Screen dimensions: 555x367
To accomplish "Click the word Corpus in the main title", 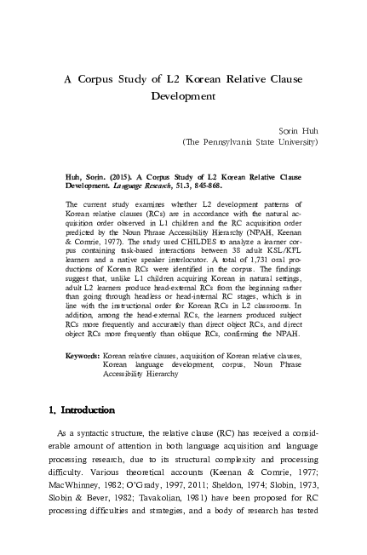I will tap(101, 78).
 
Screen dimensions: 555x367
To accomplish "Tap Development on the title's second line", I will tap(185, 97).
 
